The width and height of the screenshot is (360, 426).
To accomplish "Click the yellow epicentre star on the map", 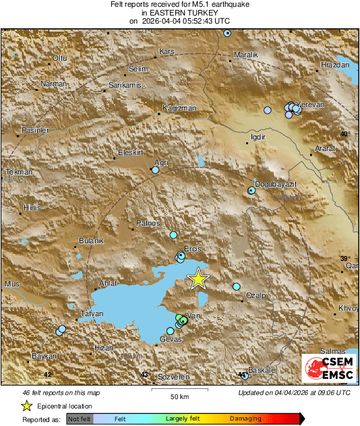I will [198, 278].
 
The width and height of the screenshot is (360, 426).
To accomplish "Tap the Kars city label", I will [166, 51].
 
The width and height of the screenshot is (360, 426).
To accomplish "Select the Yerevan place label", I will [311, 104].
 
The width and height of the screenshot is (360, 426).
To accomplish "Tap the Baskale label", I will [262, 370].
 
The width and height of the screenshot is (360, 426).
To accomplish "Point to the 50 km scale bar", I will [179, 390].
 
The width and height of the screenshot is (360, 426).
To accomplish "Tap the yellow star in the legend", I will [27, 406].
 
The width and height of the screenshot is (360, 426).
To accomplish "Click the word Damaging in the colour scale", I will [245, 419].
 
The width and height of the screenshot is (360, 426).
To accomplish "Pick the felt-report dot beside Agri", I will [155, 171].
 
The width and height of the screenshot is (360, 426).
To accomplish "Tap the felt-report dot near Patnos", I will [173, 235].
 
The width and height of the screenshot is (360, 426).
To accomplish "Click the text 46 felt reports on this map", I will [61, 392].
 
